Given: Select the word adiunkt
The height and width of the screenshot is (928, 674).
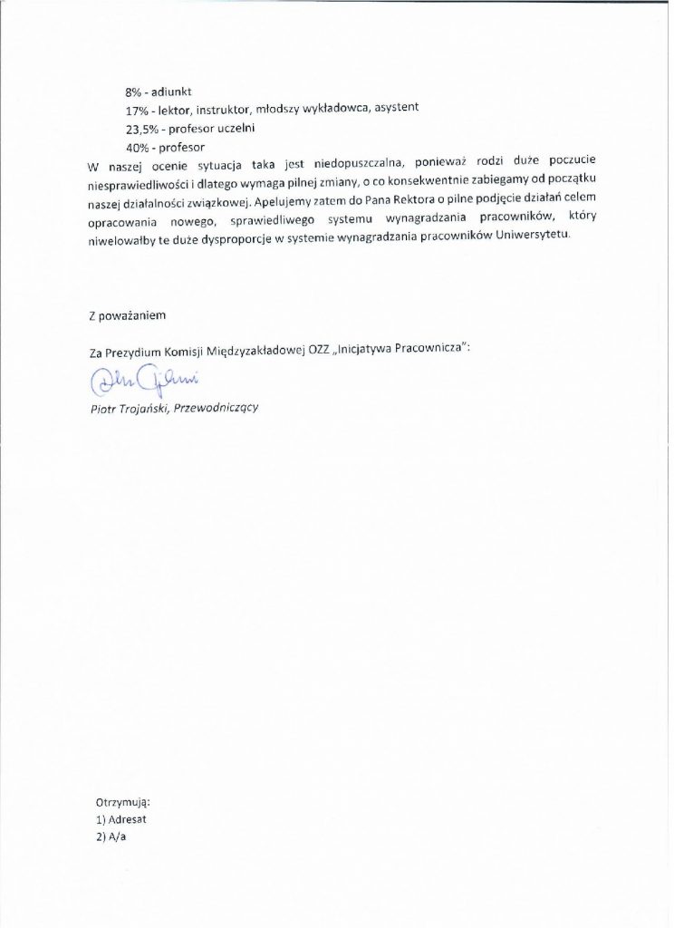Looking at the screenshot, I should pyautogui.click(x=175, y=92).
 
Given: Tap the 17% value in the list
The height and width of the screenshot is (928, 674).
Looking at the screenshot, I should pyautogui.click(x=136, y=110).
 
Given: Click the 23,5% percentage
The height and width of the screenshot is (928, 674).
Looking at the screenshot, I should pyautogui.click(x=140, y=128).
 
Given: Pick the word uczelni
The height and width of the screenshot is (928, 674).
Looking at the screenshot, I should pyautogui.click(x=235, y=128).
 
